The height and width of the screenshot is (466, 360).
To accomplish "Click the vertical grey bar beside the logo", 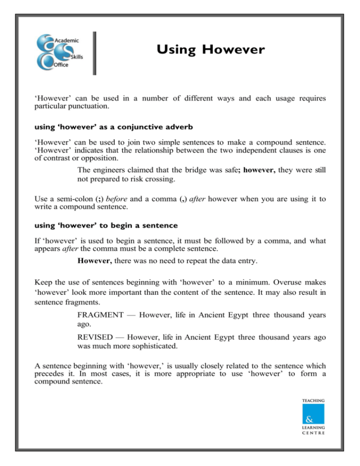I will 94,53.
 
